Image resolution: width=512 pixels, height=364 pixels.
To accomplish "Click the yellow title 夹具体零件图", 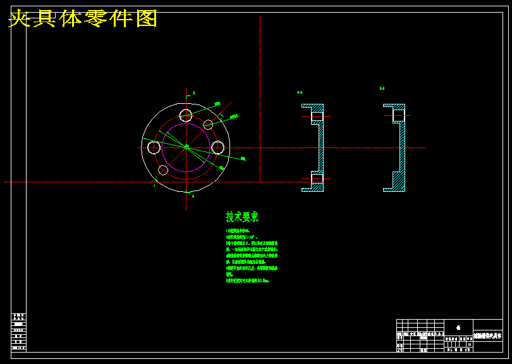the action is pos(83,19).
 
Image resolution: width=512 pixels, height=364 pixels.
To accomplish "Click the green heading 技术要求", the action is pos(242,217).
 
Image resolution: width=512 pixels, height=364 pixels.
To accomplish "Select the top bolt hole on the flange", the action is pos(186,115).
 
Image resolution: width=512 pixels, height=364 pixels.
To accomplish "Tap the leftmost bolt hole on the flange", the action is pos(154,147).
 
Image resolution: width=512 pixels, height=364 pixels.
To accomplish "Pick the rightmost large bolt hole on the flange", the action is pos(217,147).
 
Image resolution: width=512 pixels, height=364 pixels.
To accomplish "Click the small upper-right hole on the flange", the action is pos(209,125).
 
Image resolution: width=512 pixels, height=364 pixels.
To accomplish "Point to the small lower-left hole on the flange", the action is pos(163,170).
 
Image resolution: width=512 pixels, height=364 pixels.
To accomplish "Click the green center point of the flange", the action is pos(186,147).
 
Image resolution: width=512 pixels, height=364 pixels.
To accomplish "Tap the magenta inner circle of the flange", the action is pos(162,147).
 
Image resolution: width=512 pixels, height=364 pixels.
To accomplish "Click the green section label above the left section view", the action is pos(300,92).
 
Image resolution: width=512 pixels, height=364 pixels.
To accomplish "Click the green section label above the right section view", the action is pos(382,89).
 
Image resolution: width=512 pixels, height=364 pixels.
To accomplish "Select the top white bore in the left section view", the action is pos(317,116).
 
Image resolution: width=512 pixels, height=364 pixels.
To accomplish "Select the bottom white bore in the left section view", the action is pos(317,179).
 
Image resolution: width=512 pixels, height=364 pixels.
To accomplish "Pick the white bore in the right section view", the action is pos(399,115).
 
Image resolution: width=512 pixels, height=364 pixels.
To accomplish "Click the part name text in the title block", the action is pos(489,334).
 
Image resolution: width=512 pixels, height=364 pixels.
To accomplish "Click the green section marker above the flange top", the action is pos(194,92).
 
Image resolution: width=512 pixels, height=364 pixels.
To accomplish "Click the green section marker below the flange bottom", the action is pos(193,196).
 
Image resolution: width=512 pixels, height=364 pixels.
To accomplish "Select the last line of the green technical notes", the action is pos(248,280).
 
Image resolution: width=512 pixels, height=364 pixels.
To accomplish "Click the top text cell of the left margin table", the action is pos(19,315).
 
